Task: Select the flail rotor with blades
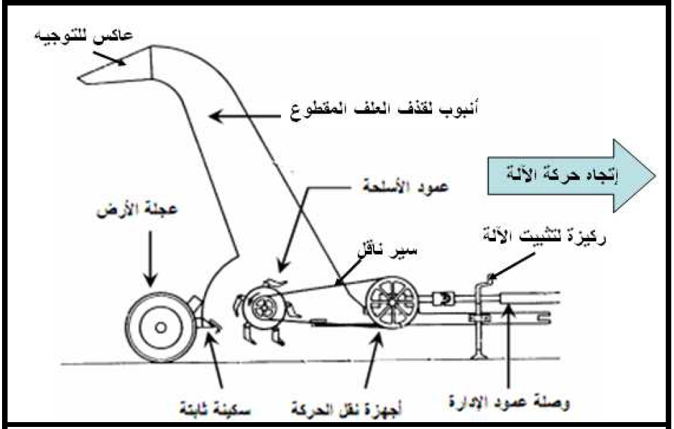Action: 259,310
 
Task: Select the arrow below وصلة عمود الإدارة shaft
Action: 509,351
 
